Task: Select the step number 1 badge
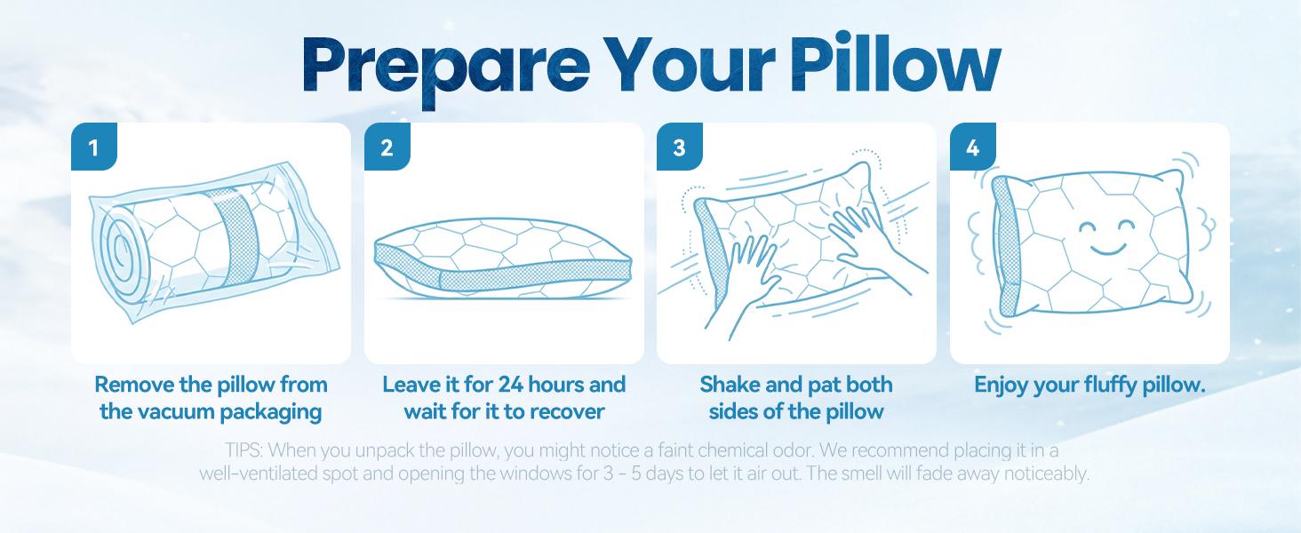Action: pos(94,147)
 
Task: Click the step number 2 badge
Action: pos(387,147)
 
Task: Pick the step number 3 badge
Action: pos(680,147)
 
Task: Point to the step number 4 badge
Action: pos(973,147)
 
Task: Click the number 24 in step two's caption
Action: pos(511,385)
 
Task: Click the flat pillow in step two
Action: pos(503,259)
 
